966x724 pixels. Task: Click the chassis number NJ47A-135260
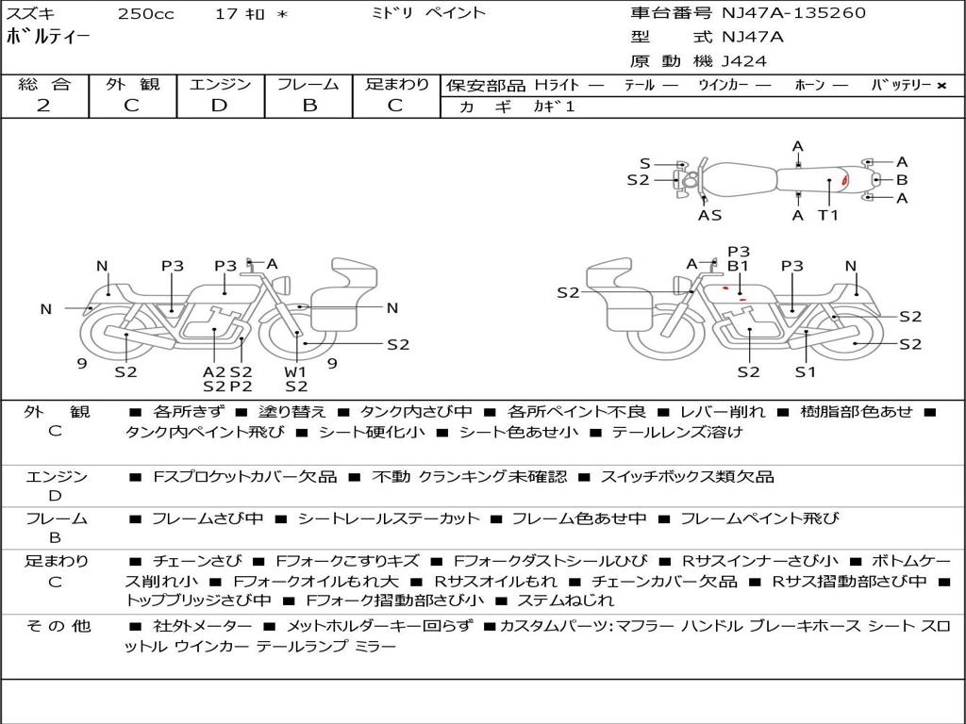793,13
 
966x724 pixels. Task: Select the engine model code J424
744,61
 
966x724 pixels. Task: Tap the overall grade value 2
43,106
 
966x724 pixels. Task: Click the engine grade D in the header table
219,106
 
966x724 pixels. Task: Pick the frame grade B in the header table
308,106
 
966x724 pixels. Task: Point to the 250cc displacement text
145,14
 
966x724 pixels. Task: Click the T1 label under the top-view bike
827,215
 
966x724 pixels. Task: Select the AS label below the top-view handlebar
709,215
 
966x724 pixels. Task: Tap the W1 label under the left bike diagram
296,370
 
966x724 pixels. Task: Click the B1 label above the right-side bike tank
738,267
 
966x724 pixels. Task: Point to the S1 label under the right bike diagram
805,371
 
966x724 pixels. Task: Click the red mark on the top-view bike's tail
845,180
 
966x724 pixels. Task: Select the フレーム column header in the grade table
308,84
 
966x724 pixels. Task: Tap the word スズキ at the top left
31,14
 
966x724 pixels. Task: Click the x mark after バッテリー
941,85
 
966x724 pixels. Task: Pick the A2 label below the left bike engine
214,370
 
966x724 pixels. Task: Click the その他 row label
58,626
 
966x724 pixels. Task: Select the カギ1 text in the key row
554,107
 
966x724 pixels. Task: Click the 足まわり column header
397,84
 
